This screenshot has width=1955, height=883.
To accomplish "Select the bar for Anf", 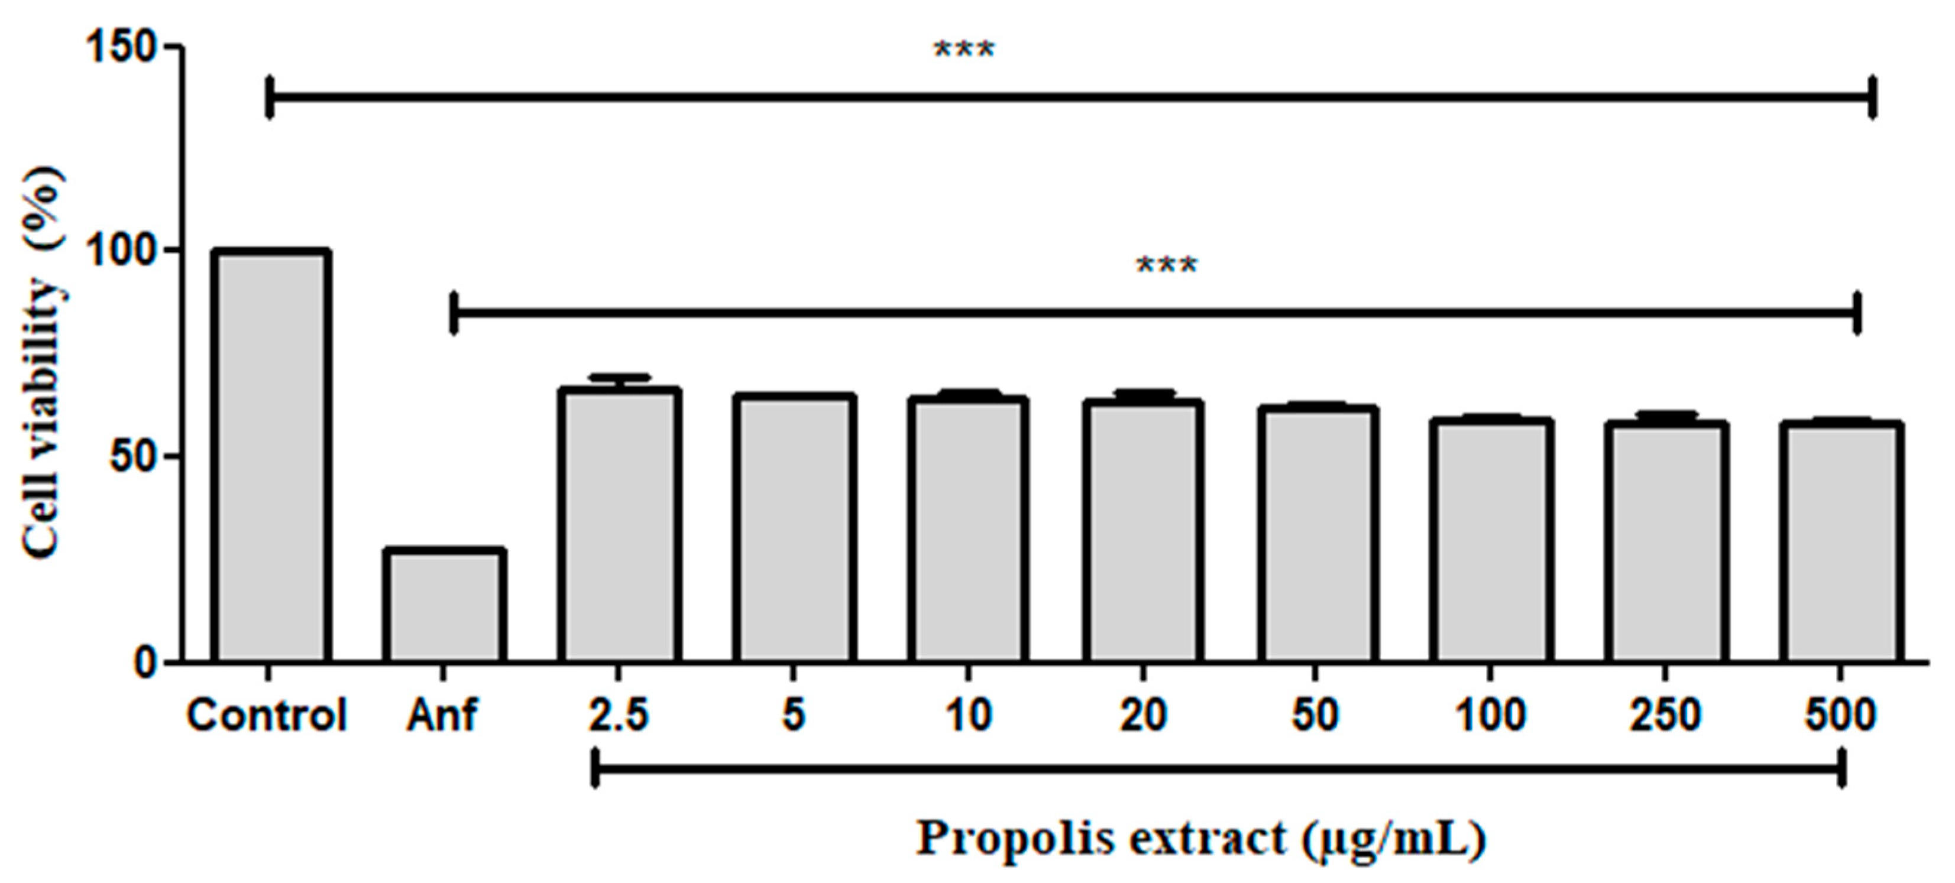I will click(x=444, y=606).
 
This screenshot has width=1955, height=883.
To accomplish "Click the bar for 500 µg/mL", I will click(x=1840, y=543).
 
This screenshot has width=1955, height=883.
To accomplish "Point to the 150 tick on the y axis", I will click(x=121, y=48).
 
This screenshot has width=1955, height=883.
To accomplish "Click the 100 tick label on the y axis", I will click(x=121, y=251).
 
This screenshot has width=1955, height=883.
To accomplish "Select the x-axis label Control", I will click(x=267, y=715).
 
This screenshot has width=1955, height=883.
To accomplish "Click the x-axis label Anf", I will click(x=442, y=715).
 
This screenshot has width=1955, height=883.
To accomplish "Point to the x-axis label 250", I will click(x=1665, y=715).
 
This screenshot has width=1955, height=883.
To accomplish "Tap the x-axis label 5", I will click(x=793, y=715).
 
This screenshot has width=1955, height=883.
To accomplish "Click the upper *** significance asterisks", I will click(x=964, y=51).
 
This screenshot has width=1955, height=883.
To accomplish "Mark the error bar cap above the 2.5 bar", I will click(x=620, y=377).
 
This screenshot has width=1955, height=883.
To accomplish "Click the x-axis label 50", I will click(x=1316, y=715).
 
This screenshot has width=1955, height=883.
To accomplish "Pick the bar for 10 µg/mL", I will click(x=969, y=531).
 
